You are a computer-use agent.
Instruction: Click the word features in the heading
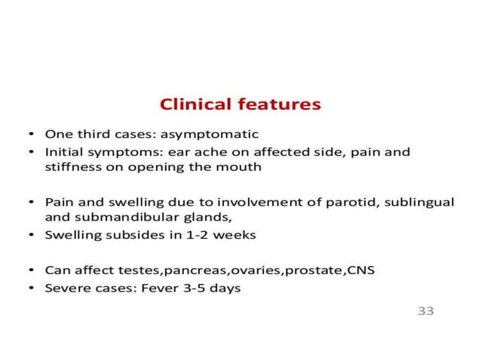(280, 104)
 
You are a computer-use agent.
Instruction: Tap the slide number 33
(426, 310)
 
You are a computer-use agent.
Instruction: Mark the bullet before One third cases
(31, 135)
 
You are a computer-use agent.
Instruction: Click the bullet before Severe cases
(31, 288)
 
